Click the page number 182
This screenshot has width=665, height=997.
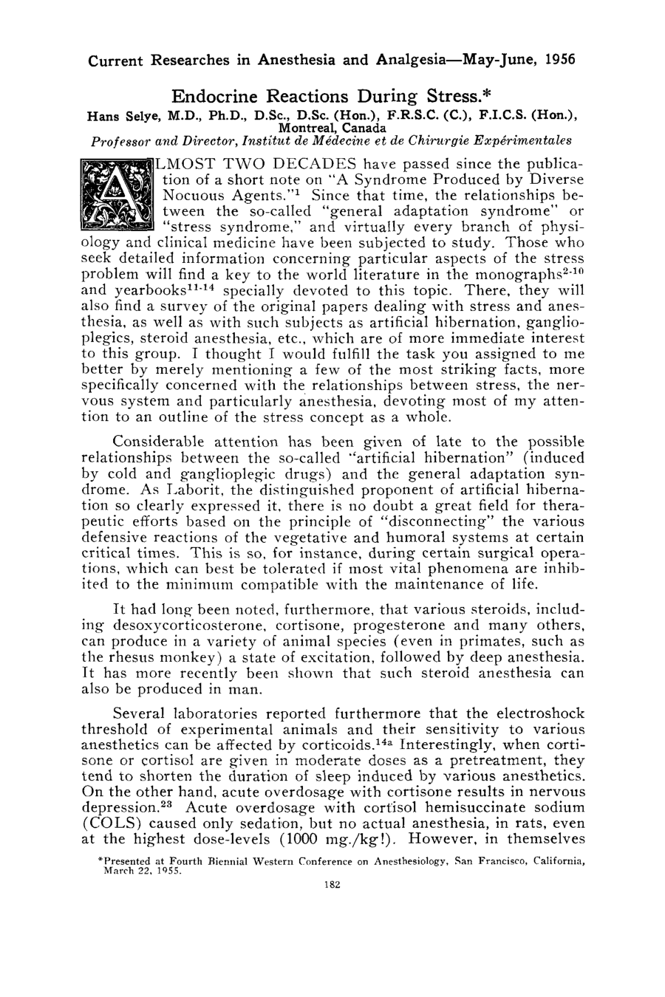click(332, 886)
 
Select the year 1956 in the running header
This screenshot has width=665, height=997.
click(559, 60)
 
